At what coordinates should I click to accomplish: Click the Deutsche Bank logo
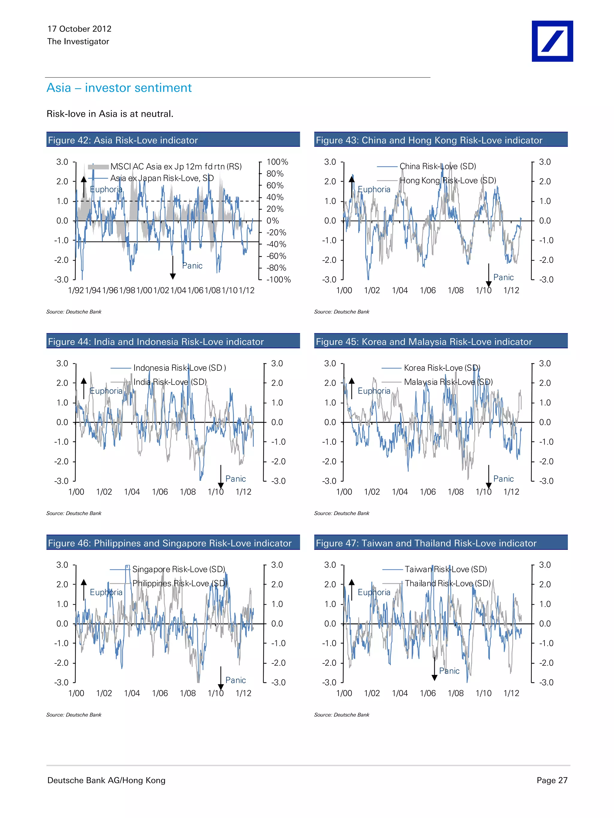point(552,41)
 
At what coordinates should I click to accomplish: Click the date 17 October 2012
point(79,29)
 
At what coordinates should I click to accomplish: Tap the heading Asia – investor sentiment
point(119,88)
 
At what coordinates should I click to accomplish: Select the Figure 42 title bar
point(173,140)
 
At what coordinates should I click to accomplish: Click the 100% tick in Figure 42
point(277,162)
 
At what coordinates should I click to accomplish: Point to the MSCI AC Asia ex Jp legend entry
point(176,166)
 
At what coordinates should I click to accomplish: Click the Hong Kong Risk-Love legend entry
point(447,181)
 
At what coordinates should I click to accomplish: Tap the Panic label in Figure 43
point(503,277)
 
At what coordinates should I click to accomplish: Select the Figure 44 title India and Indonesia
point(156,342)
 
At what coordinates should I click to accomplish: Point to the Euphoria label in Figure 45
point(374,391)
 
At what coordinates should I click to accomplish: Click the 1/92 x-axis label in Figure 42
point(76,290)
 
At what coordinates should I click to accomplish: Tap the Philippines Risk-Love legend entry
point(180,583)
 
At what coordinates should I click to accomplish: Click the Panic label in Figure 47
point(449,671)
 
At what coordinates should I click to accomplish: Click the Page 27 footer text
point(552,780)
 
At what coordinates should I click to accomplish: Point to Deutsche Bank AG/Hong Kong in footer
point(106,780)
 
